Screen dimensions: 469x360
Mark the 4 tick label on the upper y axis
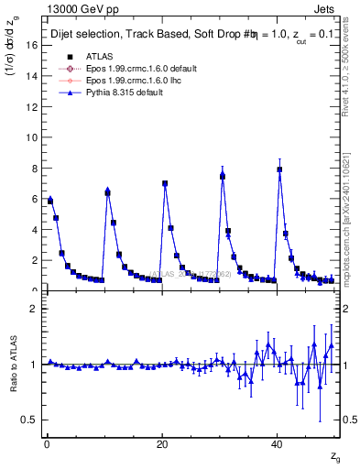[33, 230]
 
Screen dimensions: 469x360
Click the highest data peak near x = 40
[279, 169]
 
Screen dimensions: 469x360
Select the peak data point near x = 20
[165, 183]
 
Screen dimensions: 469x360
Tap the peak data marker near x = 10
[107, 192]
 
